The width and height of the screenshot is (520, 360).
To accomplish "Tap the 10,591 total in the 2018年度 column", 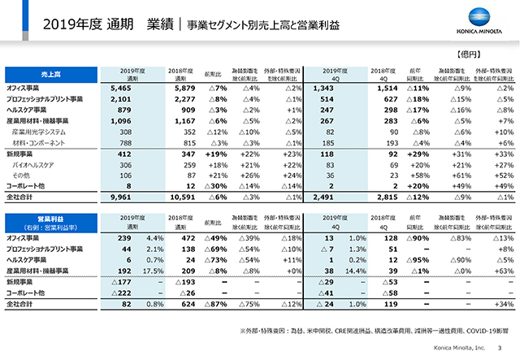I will coord(183,196).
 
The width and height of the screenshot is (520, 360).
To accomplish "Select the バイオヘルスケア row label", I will coord(36,163).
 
